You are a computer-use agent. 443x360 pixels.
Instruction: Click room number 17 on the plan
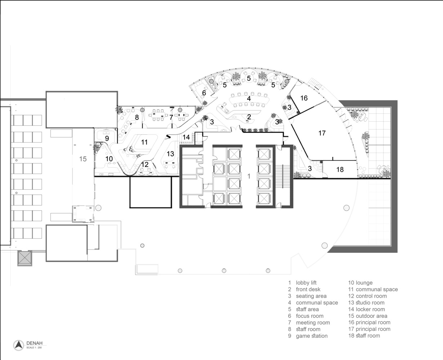point(322,133)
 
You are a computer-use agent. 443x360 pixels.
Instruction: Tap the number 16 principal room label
point(304,98)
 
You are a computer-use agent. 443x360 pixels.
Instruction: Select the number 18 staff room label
point(340,170)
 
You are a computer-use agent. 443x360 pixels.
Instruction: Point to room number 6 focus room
point(204,93)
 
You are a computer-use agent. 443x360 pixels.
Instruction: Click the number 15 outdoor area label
point(83,159)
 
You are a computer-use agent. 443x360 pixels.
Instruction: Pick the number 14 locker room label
point(186,137)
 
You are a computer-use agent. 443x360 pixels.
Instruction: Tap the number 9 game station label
point(107,138)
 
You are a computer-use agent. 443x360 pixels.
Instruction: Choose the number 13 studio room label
point(170,154)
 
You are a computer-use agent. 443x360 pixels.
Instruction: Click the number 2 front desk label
point(249,117)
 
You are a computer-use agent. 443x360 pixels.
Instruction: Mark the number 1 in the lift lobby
point(249,176)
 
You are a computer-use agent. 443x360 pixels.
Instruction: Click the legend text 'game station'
point(312,336)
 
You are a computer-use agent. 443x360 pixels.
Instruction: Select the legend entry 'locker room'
point(370,309)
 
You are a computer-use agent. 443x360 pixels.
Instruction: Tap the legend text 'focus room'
point(310,316)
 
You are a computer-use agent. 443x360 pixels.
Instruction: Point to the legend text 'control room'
point(371,296)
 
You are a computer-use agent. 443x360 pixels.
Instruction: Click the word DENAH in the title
point(34,343)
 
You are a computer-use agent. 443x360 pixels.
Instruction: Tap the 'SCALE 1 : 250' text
point(34,347)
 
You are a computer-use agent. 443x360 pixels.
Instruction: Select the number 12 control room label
point(145,165)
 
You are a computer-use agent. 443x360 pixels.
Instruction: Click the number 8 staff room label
point(137,117)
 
